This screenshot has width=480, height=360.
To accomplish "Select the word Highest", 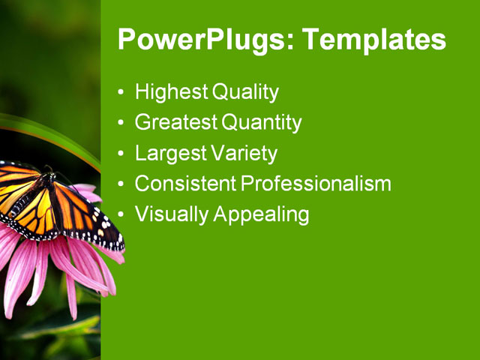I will click(x=172, y=93).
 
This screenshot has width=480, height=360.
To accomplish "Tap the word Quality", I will click(x=245, y=93).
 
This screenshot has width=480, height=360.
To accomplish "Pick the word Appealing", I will click(x=261, y=214).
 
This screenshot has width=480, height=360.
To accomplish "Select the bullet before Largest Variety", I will click(x=122, y=154).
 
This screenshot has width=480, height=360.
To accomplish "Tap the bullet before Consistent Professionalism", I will click(x=122, y=184).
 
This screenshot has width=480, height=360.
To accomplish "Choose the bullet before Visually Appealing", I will click(x=122, y=215).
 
